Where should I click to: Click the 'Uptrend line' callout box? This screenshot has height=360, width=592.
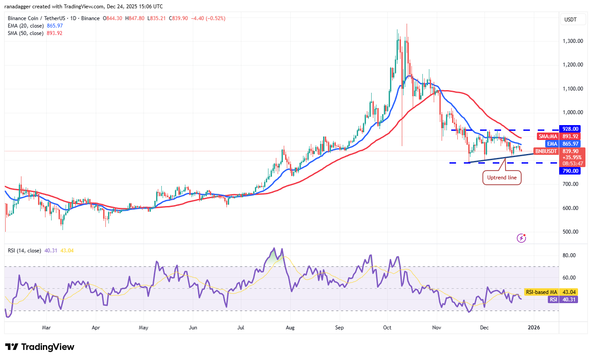(501, 178)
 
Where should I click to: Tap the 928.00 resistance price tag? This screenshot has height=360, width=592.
(571, 129)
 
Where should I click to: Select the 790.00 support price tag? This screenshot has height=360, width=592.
(571, 171)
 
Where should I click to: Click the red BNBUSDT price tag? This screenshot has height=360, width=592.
(546, 151)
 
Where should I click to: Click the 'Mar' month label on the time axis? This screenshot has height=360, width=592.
(46, 327)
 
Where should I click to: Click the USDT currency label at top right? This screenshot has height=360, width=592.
(571, 20)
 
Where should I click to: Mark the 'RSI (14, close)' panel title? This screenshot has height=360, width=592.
(24, 251)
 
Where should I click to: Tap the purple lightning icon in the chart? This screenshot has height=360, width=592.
(521, 238)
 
